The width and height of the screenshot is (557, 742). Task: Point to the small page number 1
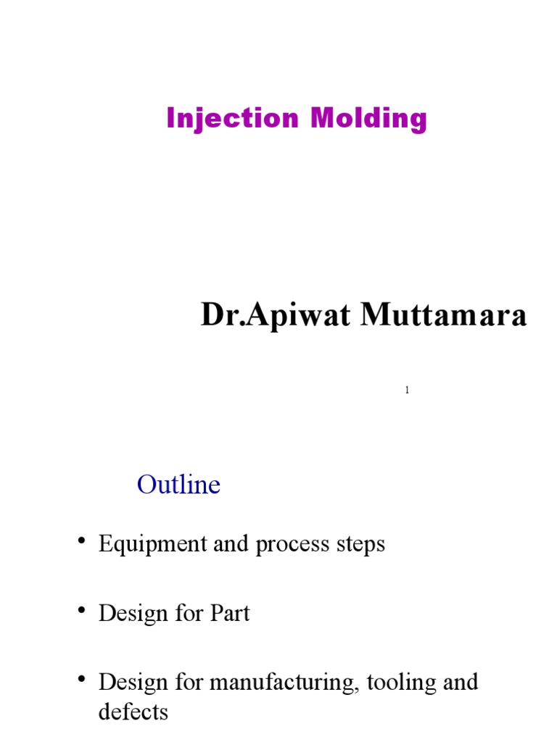coord(407,391)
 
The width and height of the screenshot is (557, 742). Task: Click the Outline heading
coord(178,485)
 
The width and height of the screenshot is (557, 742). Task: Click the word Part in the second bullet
coord(230,614)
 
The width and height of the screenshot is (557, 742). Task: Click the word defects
coord(133,712)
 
